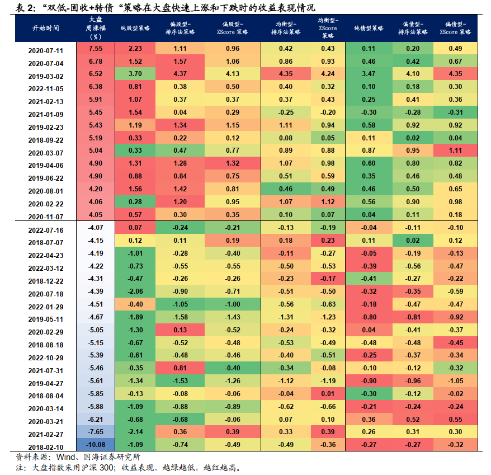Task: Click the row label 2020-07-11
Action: [45, 49]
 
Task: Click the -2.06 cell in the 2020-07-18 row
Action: [135, 293]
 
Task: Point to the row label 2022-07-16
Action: [45, 230]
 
